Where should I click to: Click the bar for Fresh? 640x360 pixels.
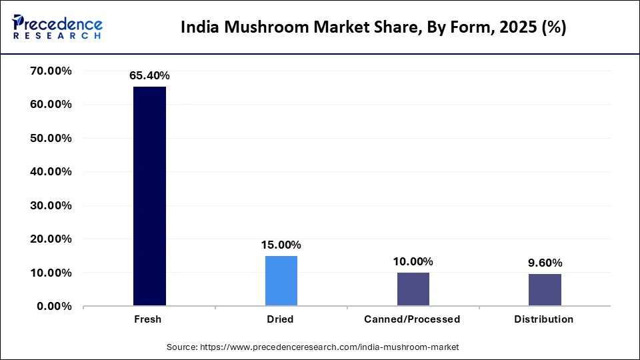point(149,196)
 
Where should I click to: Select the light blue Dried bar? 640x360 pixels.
point(281,281)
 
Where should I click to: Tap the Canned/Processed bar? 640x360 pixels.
point(413,289)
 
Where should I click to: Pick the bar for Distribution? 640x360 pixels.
point(544,290)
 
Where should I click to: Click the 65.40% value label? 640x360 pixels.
point(149,76)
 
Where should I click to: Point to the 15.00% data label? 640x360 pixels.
point(281,245)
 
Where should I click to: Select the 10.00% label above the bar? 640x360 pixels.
point(413,261)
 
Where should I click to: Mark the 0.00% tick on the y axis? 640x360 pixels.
point(54,306)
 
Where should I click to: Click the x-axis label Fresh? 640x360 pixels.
point(147,319)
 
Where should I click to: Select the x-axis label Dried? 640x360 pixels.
point(279,319)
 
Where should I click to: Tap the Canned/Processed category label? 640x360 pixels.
point(412,319)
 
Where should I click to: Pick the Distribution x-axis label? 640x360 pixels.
point(543,319)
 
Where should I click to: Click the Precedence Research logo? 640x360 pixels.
point(57,27)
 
